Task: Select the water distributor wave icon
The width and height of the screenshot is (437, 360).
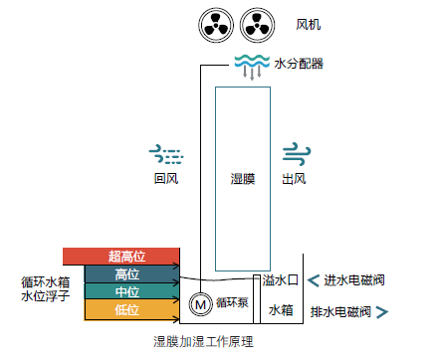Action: [249, 66]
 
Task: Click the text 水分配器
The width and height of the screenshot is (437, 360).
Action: [299, 64]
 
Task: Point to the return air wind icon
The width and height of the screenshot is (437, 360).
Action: [166, 153]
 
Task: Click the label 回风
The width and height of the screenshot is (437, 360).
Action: [165, 180]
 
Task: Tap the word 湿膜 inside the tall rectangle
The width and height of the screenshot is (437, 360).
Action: [243, 180]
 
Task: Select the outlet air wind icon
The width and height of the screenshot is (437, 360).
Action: [294, 153]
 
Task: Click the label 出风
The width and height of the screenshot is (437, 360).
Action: [294, 180]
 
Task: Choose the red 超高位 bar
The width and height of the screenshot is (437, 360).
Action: [120, 257]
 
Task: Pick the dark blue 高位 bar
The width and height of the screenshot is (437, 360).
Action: [125, 273]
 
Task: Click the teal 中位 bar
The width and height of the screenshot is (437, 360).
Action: [125, 291]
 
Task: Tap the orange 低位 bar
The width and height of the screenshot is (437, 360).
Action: [125, 309]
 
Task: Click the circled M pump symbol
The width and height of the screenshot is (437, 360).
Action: [199, 302]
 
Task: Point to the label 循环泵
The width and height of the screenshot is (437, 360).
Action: [232, 302]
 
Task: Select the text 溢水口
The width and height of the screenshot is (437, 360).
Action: [281, 281]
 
